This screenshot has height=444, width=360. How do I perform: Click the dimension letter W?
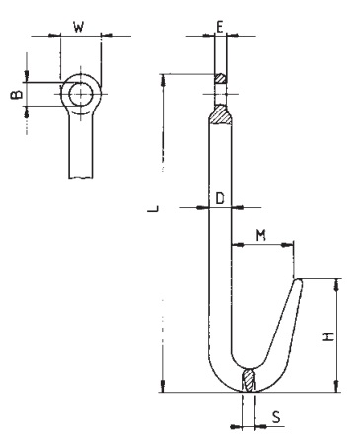point(78,27)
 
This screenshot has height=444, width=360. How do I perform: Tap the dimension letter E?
point(220,26)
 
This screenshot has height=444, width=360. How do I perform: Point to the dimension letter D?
point(220,198)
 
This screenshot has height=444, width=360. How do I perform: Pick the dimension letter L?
point(153,208)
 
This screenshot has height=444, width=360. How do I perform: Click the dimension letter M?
point(261,235)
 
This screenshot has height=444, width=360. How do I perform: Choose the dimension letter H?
point(328,336)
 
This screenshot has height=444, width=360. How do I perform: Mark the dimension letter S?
point(276,417)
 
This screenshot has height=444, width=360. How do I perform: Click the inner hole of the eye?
point(81,94)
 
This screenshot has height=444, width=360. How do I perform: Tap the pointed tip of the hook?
point(299,280)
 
